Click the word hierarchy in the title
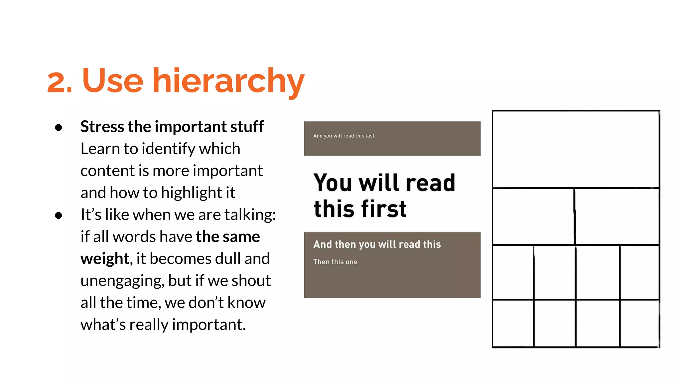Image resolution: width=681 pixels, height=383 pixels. coord(228,81)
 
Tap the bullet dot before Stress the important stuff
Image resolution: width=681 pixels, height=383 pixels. coord(59,128)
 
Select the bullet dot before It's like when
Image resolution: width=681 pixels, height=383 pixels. coord(59,216)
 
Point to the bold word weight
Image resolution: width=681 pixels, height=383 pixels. coord(104,259)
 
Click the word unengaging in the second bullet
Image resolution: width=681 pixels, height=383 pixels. coord(122,281)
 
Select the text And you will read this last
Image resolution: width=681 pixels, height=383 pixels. coord(343,136)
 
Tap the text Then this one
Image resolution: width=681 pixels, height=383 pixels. coord(335,262)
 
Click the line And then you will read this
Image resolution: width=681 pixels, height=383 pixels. coord(377,244)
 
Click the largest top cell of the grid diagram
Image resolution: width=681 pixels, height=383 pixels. coord(576,149)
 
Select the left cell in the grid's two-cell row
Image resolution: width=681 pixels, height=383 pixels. coord(533,216)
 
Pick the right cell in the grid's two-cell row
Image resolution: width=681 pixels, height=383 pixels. coord(617,216)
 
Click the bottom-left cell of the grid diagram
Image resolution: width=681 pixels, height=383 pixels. coord(513,323)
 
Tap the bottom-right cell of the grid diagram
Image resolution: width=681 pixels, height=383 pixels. coord(639,323)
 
